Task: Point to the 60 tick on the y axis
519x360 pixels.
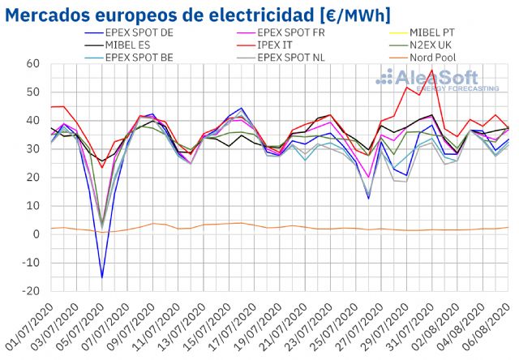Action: coord(33,63)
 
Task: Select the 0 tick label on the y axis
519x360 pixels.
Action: coord(36,234)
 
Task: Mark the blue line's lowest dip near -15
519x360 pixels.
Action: coord(102,277)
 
